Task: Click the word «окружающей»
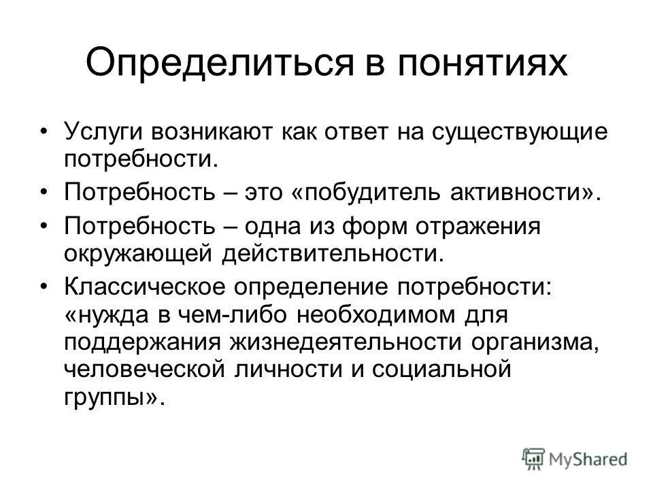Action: [x=136, y=253]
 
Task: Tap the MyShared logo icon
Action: [x=534, y=457]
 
